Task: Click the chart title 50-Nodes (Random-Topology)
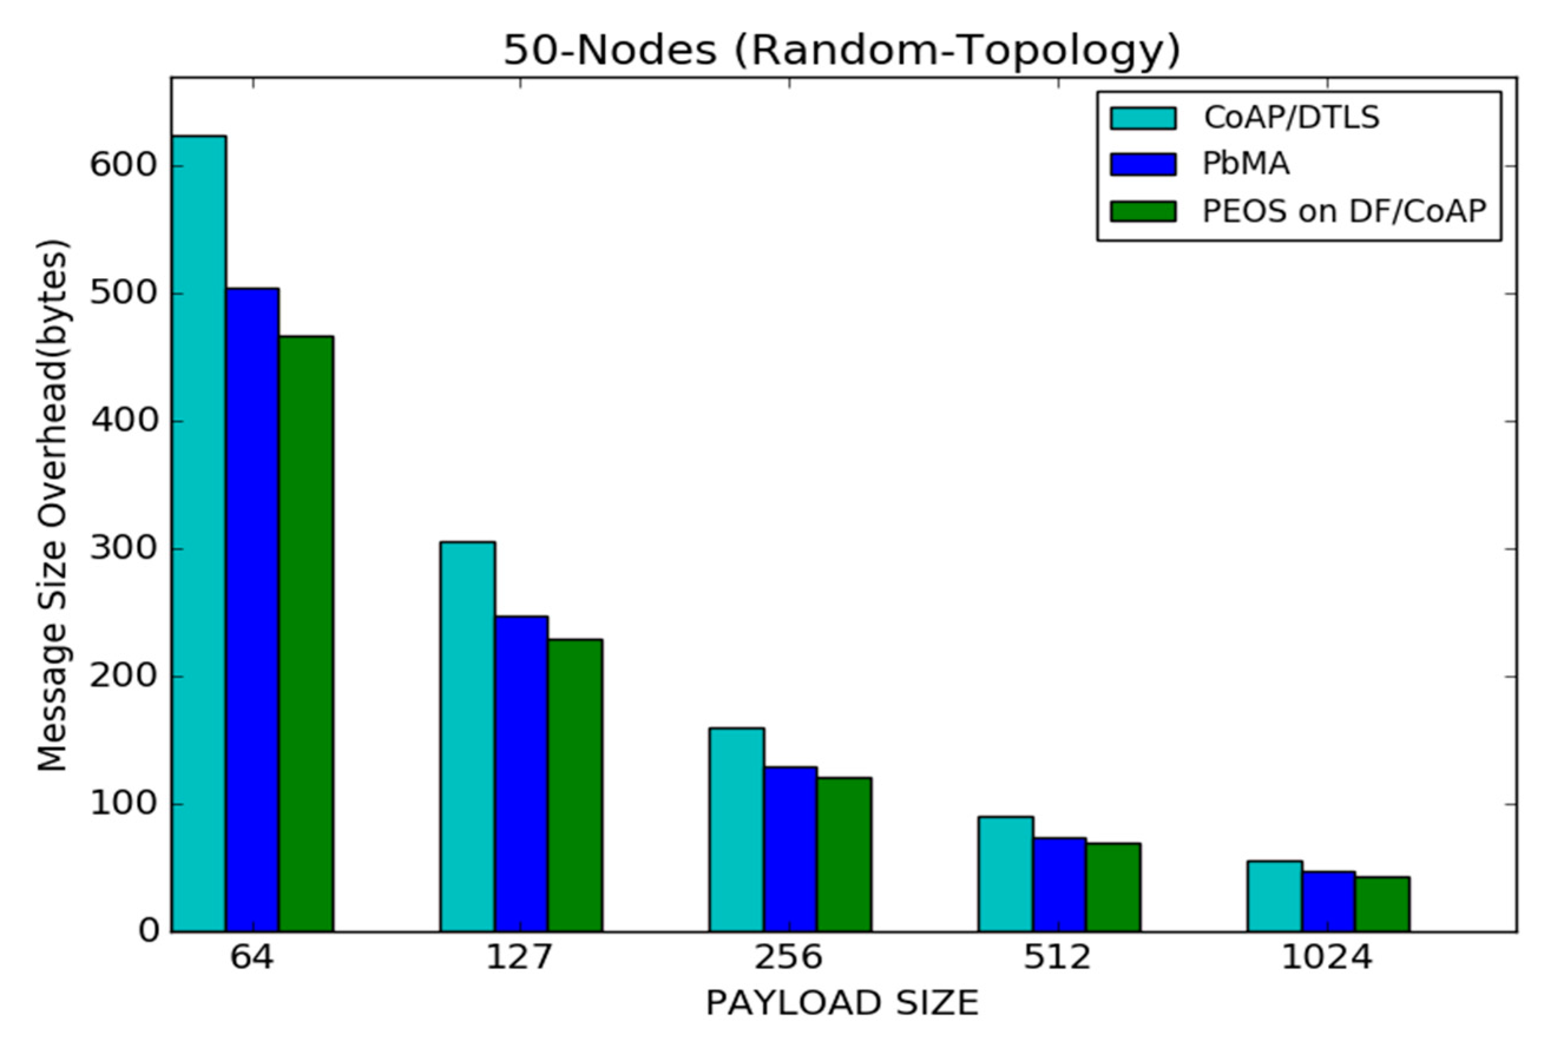[842, 50]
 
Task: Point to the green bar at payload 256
[844, 855]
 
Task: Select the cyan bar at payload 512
[1006, 874]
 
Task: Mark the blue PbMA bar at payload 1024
[1329, 902]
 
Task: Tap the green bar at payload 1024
[1382, 905]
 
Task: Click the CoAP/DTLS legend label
[1292, 118]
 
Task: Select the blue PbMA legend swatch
[1143, 164]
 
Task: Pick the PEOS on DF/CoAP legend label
[1345, 212]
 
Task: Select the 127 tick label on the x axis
[519, 958]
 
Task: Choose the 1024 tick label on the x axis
[1326, 958]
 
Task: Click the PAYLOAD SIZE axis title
[842, 1002]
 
